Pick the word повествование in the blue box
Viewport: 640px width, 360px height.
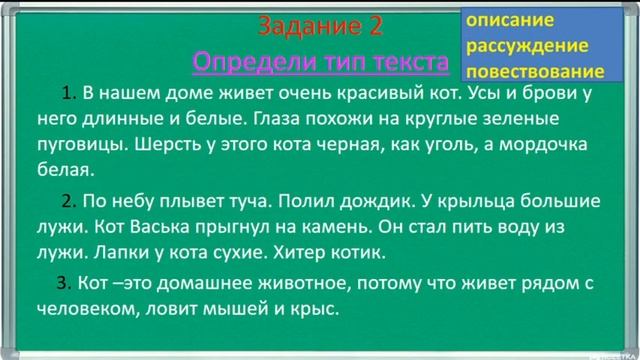tap(541, 71)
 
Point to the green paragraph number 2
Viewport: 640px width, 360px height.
tap(68, 197)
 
